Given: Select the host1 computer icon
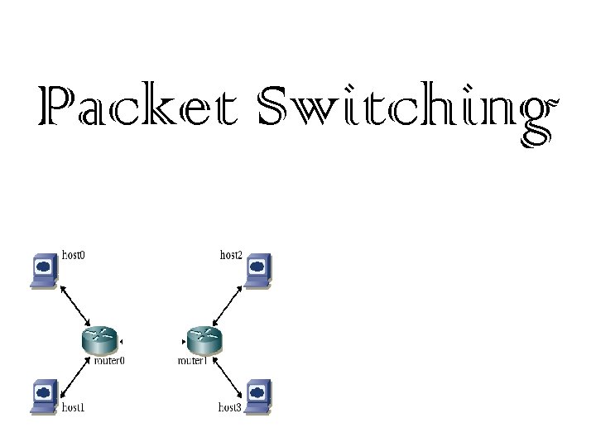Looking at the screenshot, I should (41, 396).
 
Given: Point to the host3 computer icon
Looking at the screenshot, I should (257, 396).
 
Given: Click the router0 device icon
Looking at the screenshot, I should (100, 339).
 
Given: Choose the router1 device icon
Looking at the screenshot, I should (203, 339).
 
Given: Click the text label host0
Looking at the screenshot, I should (74, 255).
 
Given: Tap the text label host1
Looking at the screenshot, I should (74, 407).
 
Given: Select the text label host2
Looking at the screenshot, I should (231, 255).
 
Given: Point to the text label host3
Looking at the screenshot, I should (229, 407).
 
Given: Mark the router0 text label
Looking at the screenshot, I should (109, 361).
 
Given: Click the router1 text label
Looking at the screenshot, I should (192, 361).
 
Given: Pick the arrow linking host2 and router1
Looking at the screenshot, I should (228, 305).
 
